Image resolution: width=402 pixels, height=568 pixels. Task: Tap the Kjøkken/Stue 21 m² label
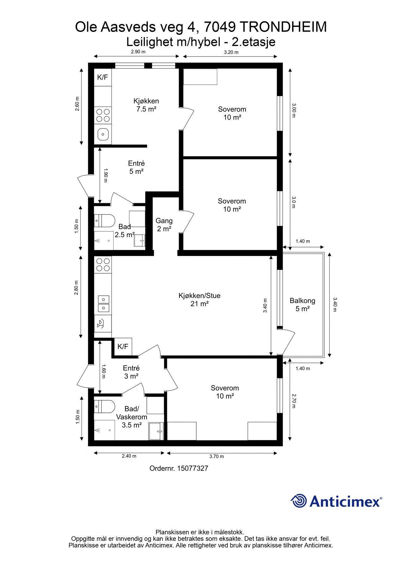199,300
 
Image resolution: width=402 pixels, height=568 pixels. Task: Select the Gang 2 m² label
164,225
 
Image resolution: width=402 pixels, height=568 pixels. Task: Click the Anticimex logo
336,501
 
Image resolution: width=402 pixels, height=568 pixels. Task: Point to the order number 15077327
179,468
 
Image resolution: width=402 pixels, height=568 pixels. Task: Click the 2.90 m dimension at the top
138,52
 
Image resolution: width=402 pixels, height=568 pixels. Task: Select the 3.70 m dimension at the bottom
217,456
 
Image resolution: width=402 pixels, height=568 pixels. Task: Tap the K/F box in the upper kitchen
103,77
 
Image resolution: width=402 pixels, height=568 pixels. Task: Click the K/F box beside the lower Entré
123,346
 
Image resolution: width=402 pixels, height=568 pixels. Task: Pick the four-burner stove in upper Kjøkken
103,115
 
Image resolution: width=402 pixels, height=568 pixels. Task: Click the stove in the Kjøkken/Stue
103,264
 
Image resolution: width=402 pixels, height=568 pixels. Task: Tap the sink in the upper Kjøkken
103,134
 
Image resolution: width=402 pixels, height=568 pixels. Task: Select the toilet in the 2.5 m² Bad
104,221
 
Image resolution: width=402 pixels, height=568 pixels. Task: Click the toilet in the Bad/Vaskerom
104,406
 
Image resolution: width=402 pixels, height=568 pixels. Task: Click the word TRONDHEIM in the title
283,27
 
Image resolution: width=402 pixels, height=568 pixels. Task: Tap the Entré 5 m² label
136,168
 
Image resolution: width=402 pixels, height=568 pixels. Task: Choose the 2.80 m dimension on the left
76,287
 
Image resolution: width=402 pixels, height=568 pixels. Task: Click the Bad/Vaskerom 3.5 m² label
132,417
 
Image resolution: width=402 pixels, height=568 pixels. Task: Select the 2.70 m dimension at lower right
294,400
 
